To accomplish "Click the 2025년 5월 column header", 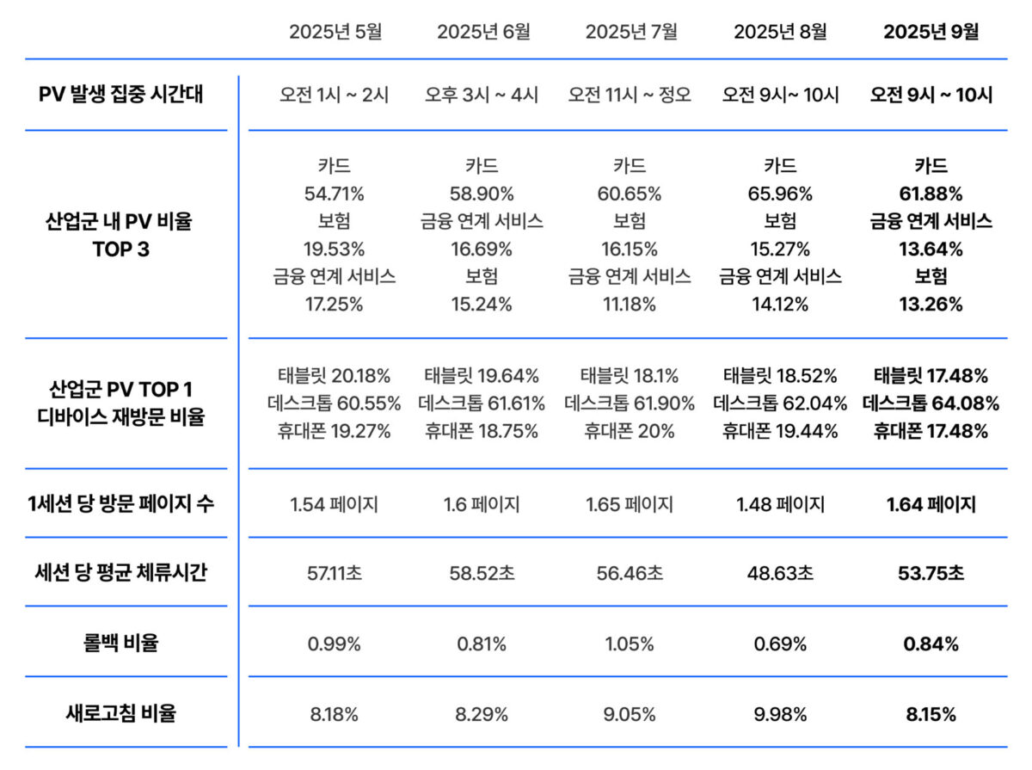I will [x=335, y=32].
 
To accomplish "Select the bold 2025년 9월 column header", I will [x=931, y=32].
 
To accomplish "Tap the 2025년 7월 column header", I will [x=631, y=32].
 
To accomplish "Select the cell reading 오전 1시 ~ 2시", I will [x=335, y=95].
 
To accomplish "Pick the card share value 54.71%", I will [x=335, y=194].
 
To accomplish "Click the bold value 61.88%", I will [x=931, y=194].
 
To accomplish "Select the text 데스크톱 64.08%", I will [x=931, y=403].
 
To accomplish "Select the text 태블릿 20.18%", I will [x=335, y=376].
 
